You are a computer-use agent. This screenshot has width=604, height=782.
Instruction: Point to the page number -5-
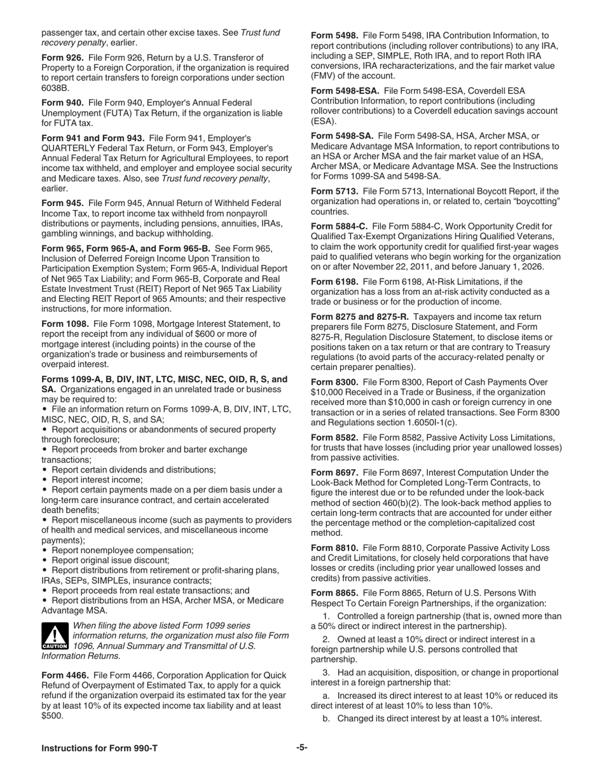coord(302,748)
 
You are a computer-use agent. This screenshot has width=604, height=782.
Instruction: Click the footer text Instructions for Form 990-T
coord(100,748)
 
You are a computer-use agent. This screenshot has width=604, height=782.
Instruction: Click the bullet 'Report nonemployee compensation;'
coord(122,550)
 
